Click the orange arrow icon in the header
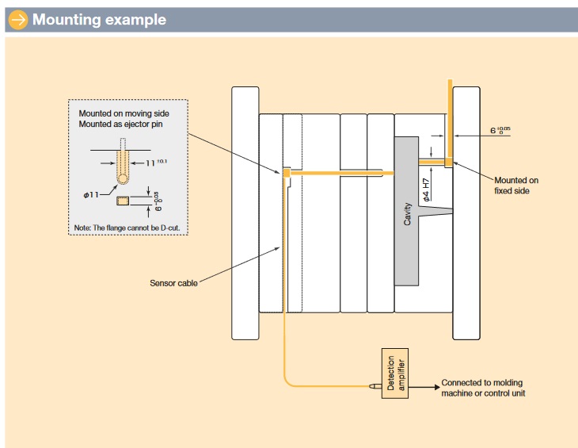pyautogui.click(x=17, y=19)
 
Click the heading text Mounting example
pyautogui.click(x=99, y=20)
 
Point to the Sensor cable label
pyautogui.click(x=173, y=282)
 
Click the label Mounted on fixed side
pyautogui.click(x=517, y=186)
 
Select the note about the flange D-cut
pyautogui.click(x=127, y=228)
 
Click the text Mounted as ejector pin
pyautogui.click(x=124, y=125)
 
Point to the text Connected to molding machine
pyautogui.click(x=484, y=388)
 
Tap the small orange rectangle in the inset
pyautogui.click(x=122, y=201)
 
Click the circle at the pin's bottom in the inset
pyautogui.click(x=124, y=180)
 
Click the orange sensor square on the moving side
pyautogui.click(x=286, y=170)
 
